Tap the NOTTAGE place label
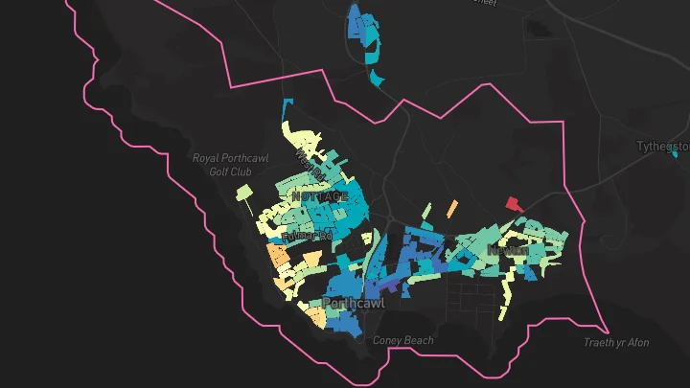click(320, 195)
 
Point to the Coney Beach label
click(402, 340)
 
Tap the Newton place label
click(507, 250)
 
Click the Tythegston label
click(663, 147)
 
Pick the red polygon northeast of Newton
click(515, 203)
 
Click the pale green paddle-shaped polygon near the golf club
click(245, 196)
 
